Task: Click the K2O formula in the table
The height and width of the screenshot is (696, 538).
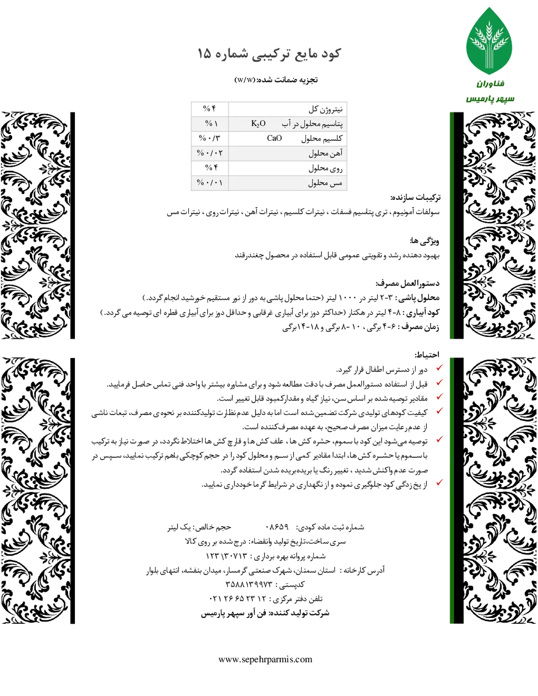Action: [x=258, y=124]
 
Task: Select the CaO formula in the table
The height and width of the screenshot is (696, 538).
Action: [x=274, y=138]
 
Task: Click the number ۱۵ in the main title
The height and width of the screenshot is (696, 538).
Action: [x=204, y=53]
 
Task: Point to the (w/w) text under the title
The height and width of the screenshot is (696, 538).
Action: [x=245, y=80]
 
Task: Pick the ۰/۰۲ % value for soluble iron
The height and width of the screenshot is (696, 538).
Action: [x=210, y=153]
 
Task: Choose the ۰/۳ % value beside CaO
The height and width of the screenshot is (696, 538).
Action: [x=209, y=138]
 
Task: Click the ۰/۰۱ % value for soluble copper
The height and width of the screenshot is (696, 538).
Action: [x=210, y=182]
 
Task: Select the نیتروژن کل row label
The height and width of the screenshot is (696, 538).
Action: [x=325, y=109]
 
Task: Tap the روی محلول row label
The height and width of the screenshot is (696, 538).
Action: [x=325, y=168]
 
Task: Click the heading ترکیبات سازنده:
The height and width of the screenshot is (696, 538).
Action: [x=415, y=198]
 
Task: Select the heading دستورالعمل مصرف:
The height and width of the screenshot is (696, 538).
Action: [x=408, y=283]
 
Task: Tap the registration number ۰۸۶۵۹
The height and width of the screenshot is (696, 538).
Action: [x=277, y=527]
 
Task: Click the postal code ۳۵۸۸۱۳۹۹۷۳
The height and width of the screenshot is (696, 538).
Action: [x=249, y=584]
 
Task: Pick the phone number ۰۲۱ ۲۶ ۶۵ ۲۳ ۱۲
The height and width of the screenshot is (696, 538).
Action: [x=238, y=598]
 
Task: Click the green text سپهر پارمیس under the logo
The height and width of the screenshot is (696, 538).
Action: [x=490, y=99]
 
